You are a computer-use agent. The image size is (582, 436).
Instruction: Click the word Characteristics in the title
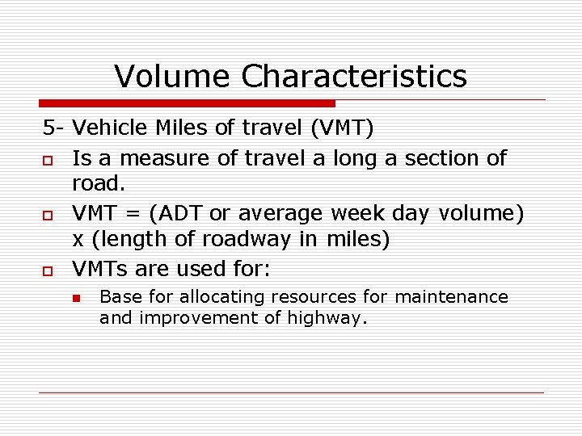click(x=354, y=77)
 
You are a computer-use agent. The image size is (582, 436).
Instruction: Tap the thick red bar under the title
click(x=187, y=103)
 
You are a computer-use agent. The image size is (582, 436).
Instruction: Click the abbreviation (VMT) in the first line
click(x=339, y=128)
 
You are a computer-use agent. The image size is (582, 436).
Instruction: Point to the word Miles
click(x=179, y=128)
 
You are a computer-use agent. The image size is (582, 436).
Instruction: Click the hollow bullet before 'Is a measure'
click(x=47, y=159)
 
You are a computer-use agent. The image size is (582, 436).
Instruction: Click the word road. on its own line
click(x=99, y=184)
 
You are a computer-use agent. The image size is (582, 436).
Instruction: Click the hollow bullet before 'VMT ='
click(x=47, y=214)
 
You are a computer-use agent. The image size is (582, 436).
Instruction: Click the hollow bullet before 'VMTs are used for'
click(x=47, y=270)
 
